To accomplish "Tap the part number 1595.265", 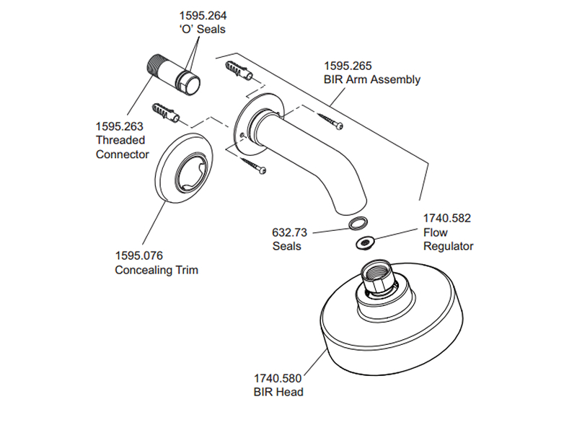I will pos(346,66).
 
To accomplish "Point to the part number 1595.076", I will pos(139,255).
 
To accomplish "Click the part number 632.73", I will pos(290,232).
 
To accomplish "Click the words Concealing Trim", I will pos(157,270).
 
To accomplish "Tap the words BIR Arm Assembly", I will pos(371,79).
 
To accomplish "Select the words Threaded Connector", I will pos(121,147).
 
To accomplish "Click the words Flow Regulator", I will pos(448,240).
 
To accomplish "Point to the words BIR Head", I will pos(278,392).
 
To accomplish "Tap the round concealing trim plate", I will pos(183,170).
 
